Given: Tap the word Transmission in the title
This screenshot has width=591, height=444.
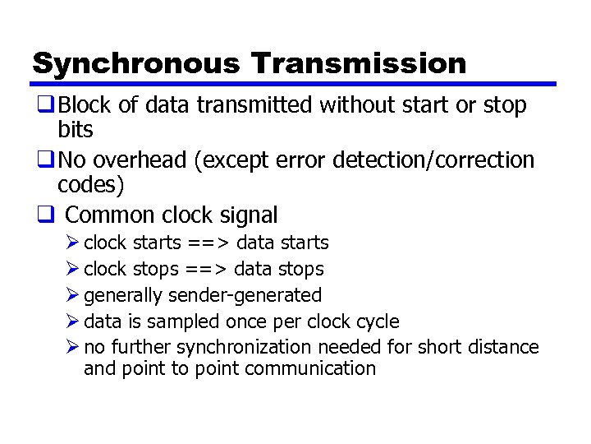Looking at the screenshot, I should click(x=359, y=63).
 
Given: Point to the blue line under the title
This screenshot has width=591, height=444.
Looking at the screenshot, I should click(x=294, y=84).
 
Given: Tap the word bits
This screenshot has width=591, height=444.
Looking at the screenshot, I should click(x=76, y=129).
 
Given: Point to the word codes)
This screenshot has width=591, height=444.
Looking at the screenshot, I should click(x=91, y=184).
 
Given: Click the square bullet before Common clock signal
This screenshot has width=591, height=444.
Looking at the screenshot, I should click(x=45, y=215).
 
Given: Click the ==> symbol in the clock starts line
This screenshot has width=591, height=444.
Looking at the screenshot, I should click(x=208, y=243).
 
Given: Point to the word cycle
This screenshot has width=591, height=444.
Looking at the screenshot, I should click(x=378, y=321).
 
